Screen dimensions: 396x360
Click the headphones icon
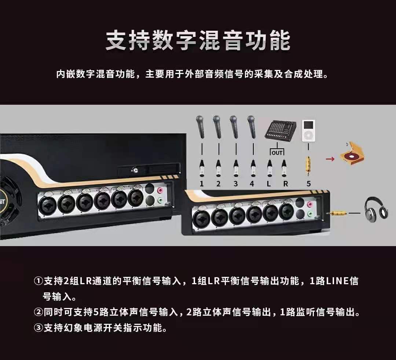point(376,210)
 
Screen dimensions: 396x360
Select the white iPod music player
point(308,131)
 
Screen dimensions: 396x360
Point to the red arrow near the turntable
point(330,159)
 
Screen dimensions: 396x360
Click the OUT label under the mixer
point(277,153)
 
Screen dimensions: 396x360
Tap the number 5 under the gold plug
point(309,183)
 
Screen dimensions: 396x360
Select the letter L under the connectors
point(269,183)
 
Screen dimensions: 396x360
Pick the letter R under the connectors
point(285,183)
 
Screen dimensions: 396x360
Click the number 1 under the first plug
point(202,183)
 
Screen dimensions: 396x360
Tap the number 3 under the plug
point(236,183)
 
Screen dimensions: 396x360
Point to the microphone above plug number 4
point(252,127)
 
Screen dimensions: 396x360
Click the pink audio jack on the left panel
point(160,190)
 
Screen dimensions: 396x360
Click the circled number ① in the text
point(38,281)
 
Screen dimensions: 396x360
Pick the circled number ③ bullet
point(38,328)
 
